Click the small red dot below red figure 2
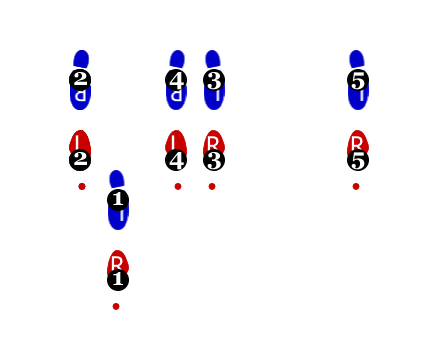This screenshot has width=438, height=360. [82, 186]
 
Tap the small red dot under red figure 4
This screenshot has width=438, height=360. [178, 186]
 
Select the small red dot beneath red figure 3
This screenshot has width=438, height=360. [212, 186]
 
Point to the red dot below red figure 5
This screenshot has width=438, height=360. [356, 186]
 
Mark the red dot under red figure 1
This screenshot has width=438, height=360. [116, 306]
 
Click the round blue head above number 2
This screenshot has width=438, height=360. [81, 59]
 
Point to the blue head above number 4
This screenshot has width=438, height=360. [177, 59]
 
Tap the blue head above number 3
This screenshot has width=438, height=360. [212, 59]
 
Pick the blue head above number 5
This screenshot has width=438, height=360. [356, 59]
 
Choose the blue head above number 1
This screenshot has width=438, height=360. [116, 179]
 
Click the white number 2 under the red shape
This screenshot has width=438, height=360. [80, 159]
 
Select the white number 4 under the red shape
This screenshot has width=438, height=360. [176, 160]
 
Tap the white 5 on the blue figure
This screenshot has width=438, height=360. [358, 81]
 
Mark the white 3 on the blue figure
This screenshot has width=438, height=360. [214, 81]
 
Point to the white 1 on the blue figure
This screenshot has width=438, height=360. [118, 199]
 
